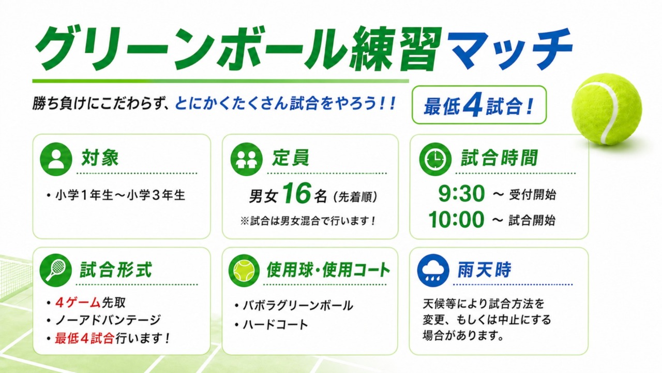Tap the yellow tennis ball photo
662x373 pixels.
pos(607,109)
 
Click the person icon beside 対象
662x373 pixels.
pos(56,159)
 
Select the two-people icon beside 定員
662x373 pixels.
pos(247,159)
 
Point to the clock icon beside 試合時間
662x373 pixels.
pos(435,159)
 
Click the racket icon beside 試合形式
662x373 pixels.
pos(56,270)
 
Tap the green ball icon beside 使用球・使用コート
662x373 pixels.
pos(244,270)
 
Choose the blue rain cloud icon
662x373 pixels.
pos(433,270)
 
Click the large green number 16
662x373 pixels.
pos(296,193)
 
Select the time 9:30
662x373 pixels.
pos(461,194)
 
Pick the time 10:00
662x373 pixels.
pos(456,220)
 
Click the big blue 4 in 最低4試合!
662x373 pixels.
pos(473,105)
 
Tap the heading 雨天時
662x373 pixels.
pos(484,270)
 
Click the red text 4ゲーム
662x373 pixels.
pos(78,303)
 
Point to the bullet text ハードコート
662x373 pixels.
pos(275,325)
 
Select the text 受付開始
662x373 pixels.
pos(532,195)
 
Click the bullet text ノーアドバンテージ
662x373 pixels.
pos(108,320)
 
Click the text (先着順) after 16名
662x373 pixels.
pos(355,196)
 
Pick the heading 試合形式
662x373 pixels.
pos(116,270)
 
